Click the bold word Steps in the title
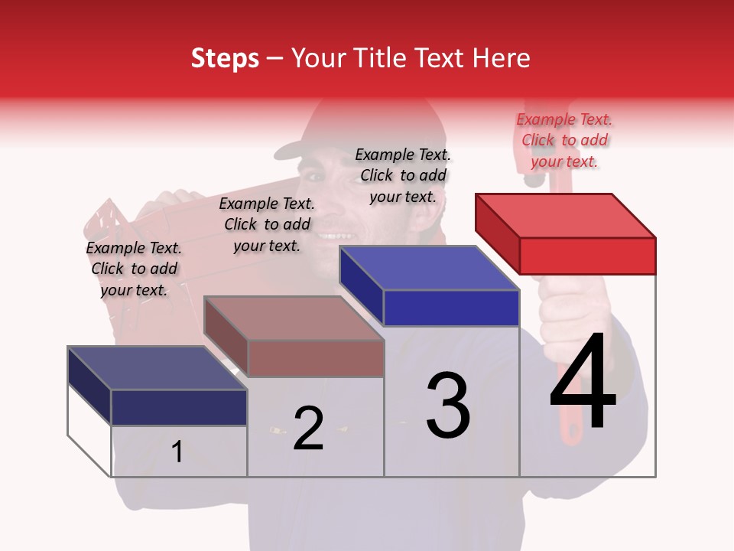(x=225, y=58)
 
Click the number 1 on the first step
(x=177, y=452)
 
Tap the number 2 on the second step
(x=308, y=429)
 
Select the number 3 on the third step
(x=447, y=406)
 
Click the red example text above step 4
(x=564, y=140)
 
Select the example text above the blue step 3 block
(x=403, y=175)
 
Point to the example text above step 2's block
(x=267, y=224)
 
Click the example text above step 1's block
(x=134, y=269)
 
